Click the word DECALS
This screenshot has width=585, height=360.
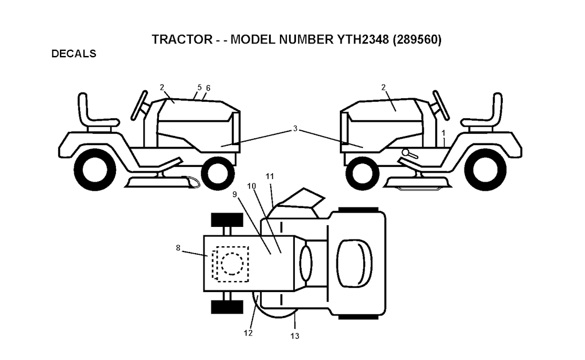(x=74, y=54)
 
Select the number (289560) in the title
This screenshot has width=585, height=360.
(x=417, y=39)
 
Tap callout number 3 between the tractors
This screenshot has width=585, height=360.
(x=295, y=129)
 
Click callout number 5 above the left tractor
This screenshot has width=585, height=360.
(x=199, y=87)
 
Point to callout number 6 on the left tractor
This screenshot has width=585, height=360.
(x=208, y=88)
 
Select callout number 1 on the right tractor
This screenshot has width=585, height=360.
(x=443, y=133)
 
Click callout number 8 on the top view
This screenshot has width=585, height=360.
(x=178, y=247)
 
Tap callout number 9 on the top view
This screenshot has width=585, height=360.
(x=235, y=194)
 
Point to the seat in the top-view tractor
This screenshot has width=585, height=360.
(x=354, y=264)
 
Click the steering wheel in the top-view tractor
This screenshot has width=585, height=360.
(x=306, y=264)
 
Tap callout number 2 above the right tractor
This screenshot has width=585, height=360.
(x=383, y=87)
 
